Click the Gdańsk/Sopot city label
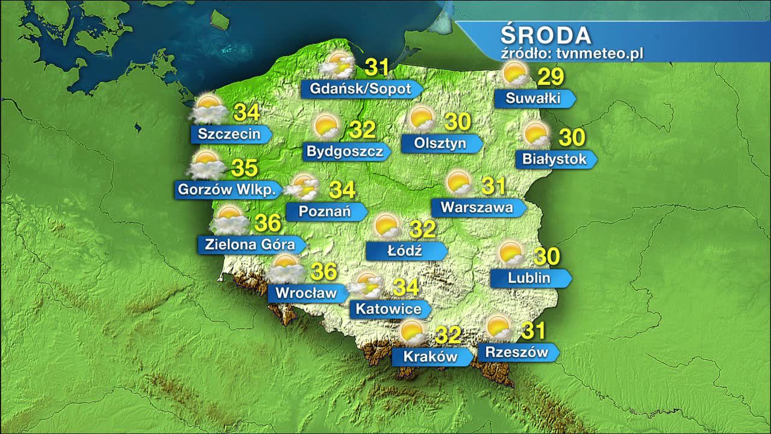(360, 89)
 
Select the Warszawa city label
(477, 207)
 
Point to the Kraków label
(431, 356)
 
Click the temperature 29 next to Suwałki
(550, 77)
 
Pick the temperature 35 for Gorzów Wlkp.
(245, 167)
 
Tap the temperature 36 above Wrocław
(323, 271)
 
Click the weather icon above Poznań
(303, 187)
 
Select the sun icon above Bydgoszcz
(326, 126)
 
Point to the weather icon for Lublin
(511, 254)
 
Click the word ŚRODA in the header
(546, 35)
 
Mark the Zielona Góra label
(250, 244)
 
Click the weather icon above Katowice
(367, 285)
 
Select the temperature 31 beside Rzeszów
(533, 330)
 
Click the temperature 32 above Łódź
(422, 230)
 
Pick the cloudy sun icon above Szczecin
(208, 108)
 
